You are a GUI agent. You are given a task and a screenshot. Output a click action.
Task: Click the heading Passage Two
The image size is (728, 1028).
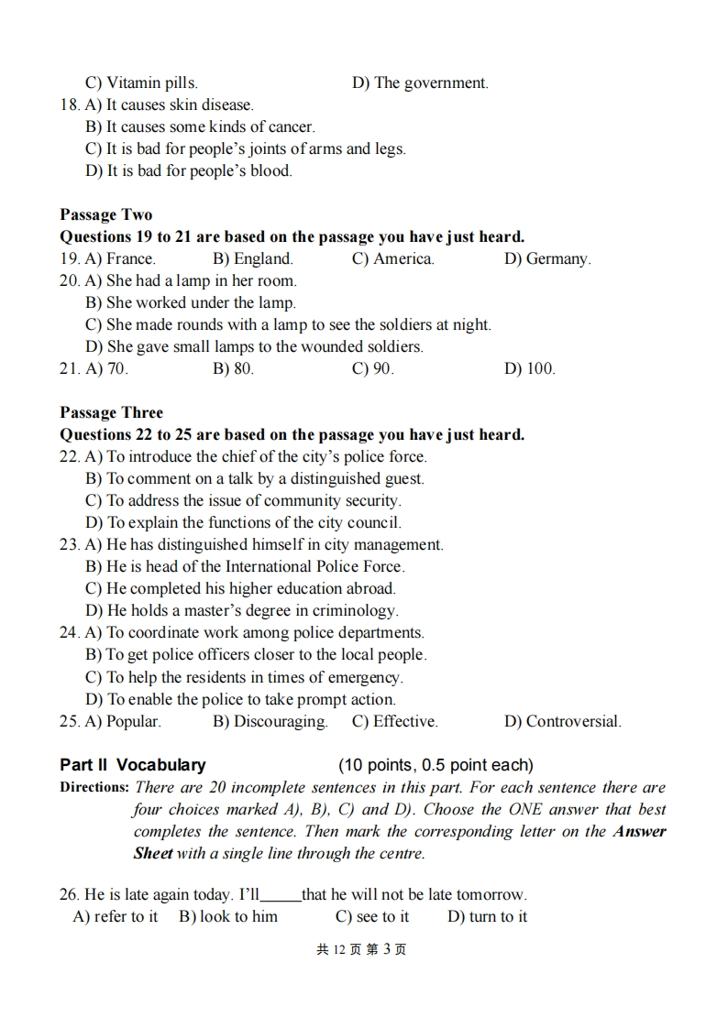coord(106,214)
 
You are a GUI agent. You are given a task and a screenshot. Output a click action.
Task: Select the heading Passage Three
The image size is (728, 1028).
coord(111,412)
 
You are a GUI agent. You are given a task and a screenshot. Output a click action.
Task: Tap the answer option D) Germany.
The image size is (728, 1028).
coord(547,258)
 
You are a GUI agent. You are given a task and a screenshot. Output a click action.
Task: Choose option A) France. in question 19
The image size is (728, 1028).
coord(120,258)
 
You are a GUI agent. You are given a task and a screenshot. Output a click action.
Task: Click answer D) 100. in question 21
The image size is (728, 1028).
coord(530,368)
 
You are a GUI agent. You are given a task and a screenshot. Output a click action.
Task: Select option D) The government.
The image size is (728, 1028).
coord(420,82)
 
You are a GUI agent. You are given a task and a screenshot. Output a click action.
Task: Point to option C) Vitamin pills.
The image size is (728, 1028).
coord(141,82)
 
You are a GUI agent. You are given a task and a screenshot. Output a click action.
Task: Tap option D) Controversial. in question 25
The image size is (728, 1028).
coord(562,721)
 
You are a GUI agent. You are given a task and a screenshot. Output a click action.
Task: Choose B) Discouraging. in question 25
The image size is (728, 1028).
coord(270,721)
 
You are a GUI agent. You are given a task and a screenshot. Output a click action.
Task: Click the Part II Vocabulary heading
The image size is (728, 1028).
coord(133,765)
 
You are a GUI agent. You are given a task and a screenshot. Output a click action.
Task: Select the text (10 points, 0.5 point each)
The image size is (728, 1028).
coord(436,765)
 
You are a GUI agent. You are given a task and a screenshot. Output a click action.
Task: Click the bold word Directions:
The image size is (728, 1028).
coord(94,787)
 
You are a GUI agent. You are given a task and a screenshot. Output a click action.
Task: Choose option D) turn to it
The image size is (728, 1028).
coord(487,916)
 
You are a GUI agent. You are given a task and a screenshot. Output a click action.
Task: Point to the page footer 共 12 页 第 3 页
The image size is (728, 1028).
coord(361,949)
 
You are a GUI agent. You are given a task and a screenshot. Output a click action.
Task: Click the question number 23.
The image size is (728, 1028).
coord(70,544)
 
